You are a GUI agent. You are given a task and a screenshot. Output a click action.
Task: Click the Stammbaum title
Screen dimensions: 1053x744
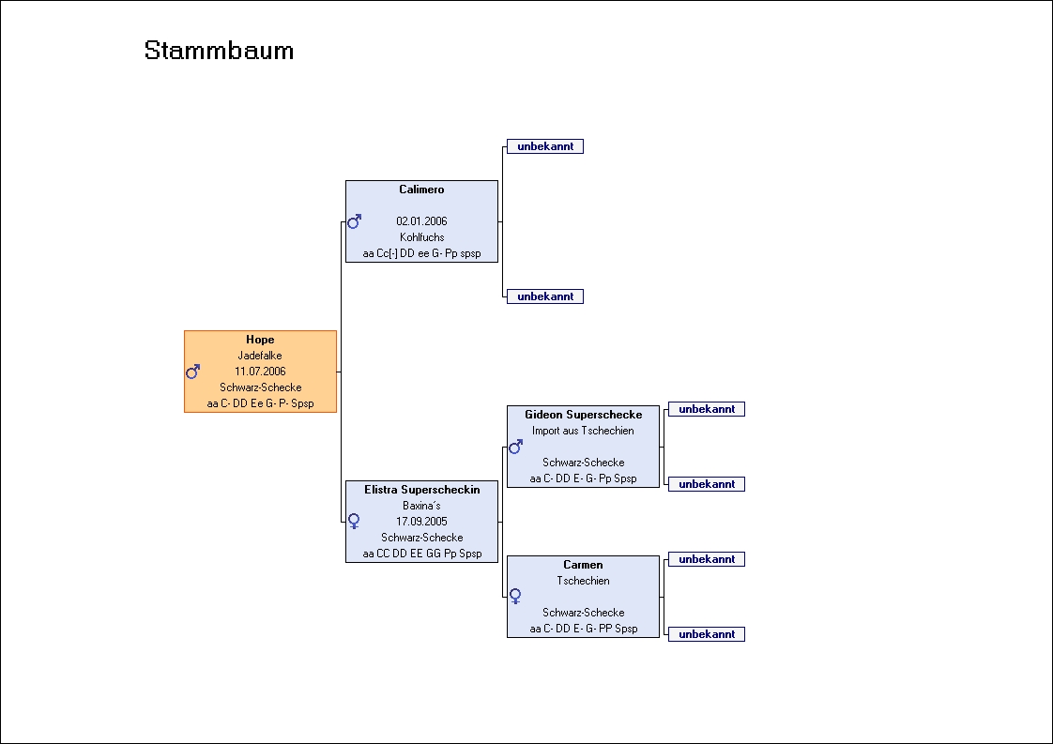tap(219, 51)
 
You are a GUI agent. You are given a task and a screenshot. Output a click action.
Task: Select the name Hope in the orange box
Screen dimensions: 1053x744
tap(260, 340)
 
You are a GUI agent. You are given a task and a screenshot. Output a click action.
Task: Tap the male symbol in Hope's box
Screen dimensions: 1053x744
tap(192, 372)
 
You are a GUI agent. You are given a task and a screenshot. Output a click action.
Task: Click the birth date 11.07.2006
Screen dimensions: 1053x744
tap(260, 372)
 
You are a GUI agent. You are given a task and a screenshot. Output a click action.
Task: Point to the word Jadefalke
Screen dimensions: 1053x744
tap(260, 356)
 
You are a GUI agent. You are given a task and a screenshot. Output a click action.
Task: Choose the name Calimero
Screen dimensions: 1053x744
tap(421, 190)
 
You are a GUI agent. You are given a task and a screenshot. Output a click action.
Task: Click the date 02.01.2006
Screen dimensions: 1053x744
tap(421, 220)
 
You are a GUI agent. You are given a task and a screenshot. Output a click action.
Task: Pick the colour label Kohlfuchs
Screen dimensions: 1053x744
tap(421, 237)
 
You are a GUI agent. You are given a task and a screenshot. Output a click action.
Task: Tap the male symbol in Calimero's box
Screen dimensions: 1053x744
tap(354, 220)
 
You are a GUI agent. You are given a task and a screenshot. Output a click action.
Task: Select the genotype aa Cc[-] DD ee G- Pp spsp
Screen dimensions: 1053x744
tap(421, 253)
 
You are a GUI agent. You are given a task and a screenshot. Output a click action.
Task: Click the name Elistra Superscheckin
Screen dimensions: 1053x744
tap(421, 490)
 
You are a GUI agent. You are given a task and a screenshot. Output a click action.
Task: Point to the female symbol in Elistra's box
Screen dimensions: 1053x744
tap(354, 521)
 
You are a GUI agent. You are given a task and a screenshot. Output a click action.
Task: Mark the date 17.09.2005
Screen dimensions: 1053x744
tap(421, 521)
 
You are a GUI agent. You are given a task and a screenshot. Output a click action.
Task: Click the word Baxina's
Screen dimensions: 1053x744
tap(421, 506)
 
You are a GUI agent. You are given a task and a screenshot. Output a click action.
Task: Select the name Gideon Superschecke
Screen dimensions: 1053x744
tap(583, 415)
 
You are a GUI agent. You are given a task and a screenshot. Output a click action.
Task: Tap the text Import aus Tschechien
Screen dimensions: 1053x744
tap(583, 431)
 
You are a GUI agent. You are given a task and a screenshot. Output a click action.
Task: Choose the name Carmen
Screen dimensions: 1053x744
tap(583, 565)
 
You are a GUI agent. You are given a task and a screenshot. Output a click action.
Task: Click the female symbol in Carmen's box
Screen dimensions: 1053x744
tap(515, 597)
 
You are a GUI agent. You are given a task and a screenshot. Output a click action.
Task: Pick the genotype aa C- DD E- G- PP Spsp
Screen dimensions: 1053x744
tap(583, 629)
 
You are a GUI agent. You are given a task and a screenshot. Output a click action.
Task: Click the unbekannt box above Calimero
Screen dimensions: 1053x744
tap(545, 146)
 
